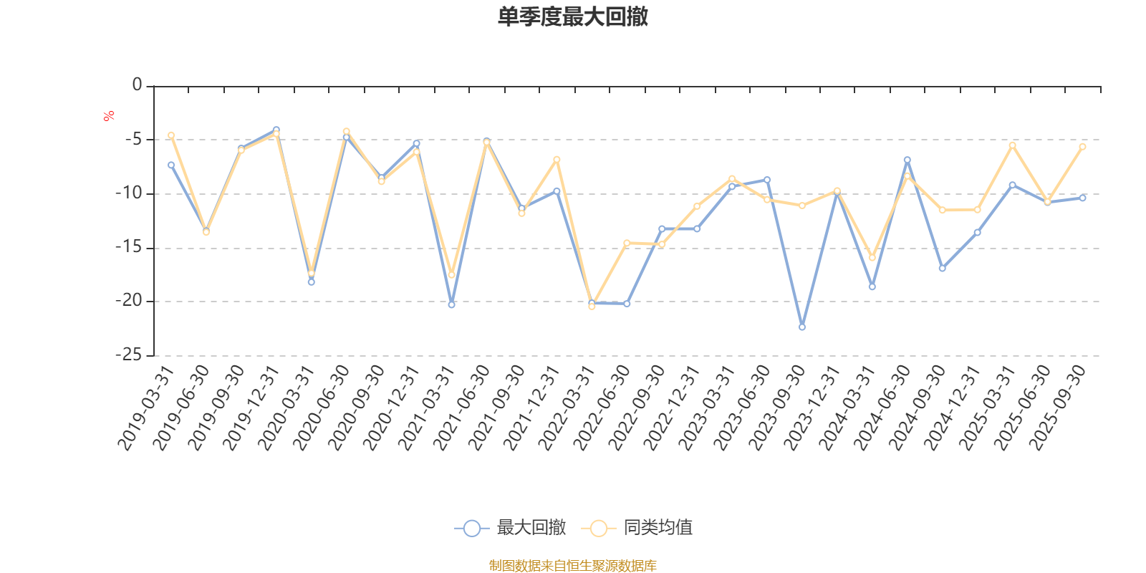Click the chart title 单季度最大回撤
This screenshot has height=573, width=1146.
tap(572, 16)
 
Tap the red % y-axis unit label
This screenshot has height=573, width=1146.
tap(109, 116)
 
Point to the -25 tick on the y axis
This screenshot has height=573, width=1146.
tap(129, 355)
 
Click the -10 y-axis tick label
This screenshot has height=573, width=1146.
tap(129, 193)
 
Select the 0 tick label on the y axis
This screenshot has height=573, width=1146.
tap(137, 85)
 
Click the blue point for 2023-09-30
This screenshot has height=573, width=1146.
tap(802, 327)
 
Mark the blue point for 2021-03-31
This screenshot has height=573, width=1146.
tap(451, 305)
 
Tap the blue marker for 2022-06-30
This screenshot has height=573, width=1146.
tap(627, 304)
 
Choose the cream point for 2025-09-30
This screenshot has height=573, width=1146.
tap(1082, 146)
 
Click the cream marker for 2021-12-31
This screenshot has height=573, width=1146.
tap(557, 159)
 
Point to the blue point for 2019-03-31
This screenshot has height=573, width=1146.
tap(171, 165)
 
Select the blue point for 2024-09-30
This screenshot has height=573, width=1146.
tap(942, 269)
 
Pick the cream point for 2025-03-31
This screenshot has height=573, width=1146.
tap(1012, 145)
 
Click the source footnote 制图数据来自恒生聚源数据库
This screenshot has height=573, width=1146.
tap(572, 566)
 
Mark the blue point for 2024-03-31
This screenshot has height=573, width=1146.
tap(872, 287)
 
